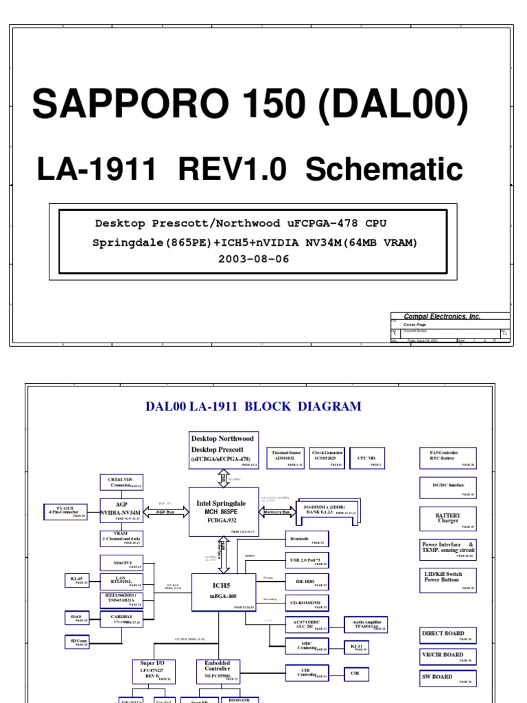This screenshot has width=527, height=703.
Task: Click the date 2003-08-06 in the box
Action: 254,259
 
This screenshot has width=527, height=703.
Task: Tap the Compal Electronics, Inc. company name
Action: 445,316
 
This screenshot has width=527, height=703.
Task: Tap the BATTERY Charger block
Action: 448,518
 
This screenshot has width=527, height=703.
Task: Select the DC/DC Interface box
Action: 448,487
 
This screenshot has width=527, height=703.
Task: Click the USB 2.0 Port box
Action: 307,562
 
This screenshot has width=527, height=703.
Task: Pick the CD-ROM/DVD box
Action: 307,603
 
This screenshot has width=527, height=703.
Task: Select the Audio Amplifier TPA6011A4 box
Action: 364,625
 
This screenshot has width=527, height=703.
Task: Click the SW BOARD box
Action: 448,678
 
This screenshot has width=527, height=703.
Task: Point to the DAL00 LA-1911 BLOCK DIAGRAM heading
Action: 253,406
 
